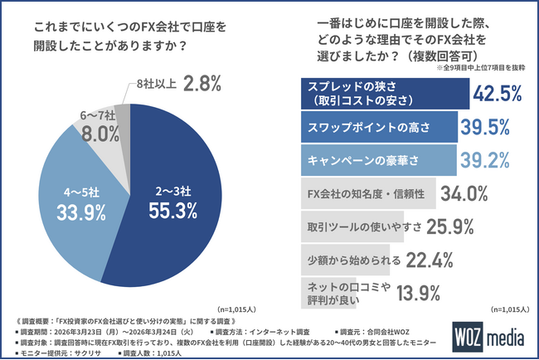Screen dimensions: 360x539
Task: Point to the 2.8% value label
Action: [203, 83]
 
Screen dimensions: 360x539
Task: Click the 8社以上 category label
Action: [156, 84]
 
